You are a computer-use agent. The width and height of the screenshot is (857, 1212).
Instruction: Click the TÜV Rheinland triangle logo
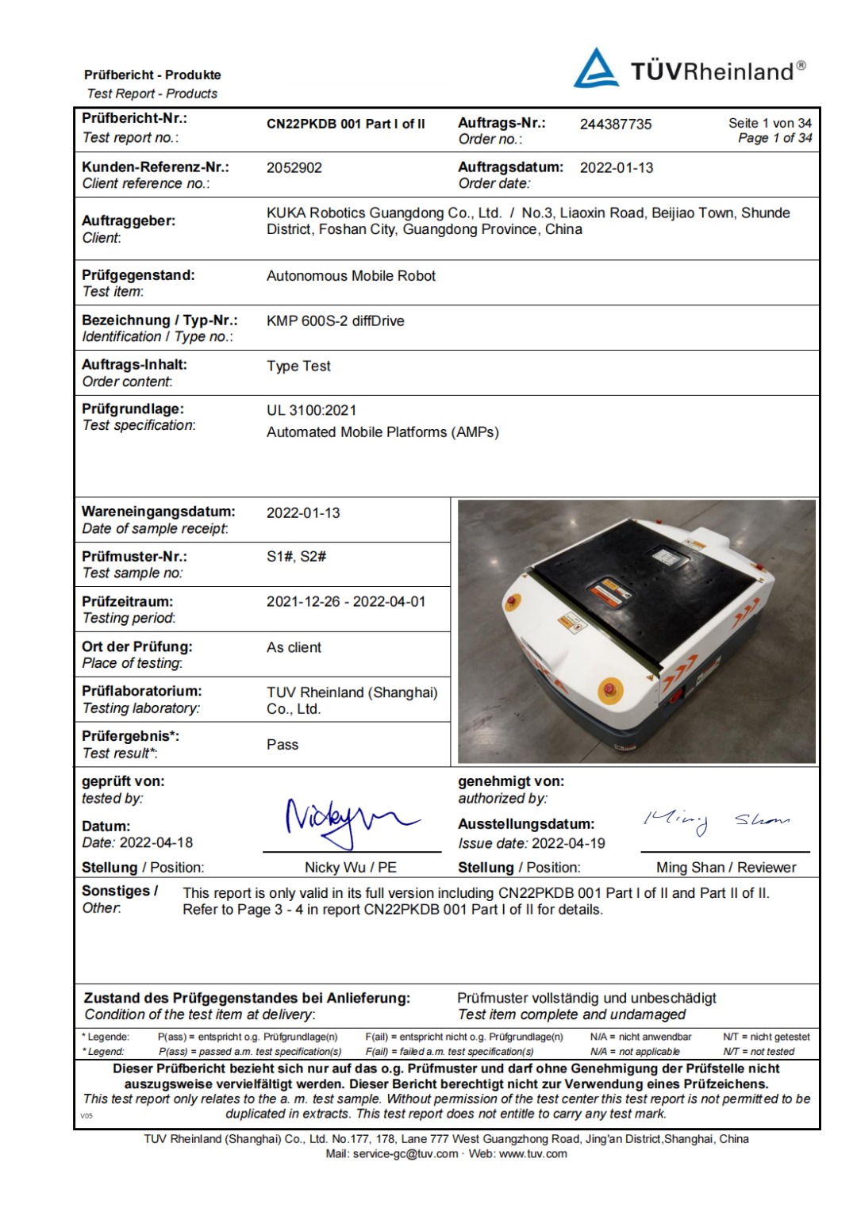(x=596, y=69)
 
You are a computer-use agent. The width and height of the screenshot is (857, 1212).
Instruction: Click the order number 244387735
(x=615, y=125)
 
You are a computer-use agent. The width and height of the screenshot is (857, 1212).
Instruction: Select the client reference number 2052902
(x=294, y=168)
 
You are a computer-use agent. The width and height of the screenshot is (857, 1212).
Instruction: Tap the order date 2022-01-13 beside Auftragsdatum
(x=617, y=168)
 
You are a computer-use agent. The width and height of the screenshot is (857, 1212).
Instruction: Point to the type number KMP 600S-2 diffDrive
(x=335, y=321)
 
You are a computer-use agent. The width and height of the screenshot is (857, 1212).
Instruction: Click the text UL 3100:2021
(x=311, y=411)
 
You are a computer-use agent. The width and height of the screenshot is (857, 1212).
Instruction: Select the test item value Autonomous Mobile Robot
(x=351, y=276)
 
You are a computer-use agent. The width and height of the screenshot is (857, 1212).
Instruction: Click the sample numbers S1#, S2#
(x=296, y=557)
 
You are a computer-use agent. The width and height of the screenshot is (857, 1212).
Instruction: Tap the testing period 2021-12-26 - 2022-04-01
(x=346, y=602)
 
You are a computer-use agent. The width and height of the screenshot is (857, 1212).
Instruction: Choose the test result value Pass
(x=282, y=745)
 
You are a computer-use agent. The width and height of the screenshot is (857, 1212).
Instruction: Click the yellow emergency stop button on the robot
(x=609, y=688)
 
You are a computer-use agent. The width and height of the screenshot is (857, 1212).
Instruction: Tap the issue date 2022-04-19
(x=568, y=844)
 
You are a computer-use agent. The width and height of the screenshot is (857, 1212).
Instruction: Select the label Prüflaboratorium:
(x=142, y=692)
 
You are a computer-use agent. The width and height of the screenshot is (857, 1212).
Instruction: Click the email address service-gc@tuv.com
(x=405, y=1154)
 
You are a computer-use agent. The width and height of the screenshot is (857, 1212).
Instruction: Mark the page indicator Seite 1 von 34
(x=770, y=124)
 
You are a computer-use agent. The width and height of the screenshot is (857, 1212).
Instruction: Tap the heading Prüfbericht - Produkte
(x=152, y=75)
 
